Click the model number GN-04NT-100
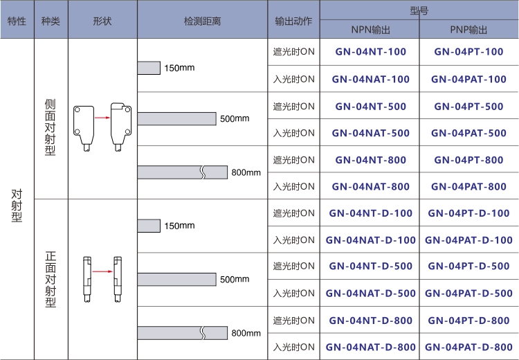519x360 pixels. point(370,52)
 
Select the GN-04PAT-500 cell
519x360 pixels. point(469,133)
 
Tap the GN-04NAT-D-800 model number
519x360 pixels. point(370,347)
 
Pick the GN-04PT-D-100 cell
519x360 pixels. point(469,213)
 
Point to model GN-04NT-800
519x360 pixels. point(370,160)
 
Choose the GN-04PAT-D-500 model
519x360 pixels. point(469,294)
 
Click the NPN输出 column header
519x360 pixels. point(370,30)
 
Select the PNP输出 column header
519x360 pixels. point(468,30)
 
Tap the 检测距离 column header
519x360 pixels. point(202,21)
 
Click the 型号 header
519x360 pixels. point(419,10)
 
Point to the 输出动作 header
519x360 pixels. point(293,21)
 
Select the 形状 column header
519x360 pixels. point(102,21)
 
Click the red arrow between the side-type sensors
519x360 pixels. point(102,118)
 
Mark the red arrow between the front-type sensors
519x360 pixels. point(102,272)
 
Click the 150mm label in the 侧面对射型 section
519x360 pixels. point(179,68)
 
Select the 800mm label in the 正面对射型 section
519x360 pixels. point(245,333)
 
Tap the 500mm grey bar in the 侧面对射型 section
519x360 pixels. point(176,118)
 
